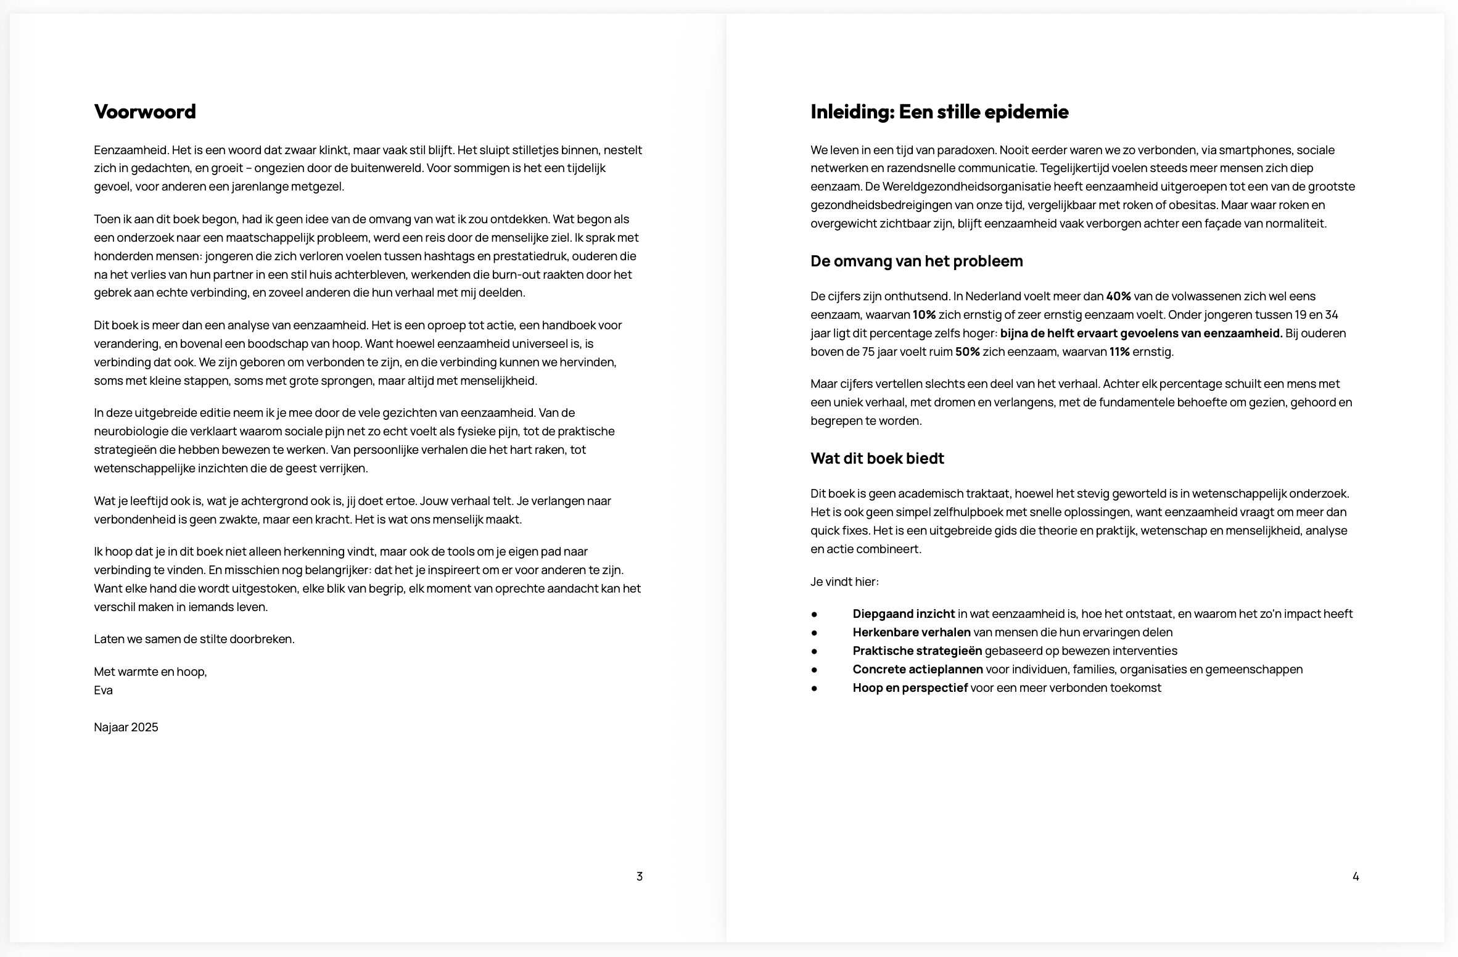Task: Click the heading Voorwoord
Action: tap(145, 112)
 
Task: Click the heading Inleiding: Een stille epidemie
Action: tap(939, 112)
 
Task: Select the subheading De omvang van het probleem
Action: tap(916, 261)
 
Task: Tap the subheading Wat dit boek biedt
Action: tap(877, 459)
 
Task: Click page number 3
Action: tap(640, 876)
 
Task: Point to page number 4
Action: tap(1356, 876)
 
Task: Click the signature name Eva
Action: tap(104, 690)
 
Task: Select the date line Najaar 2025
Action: tap(126, 727)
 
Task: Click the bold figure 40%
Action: tap(1118, 297)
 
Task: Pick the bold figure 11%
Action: tap(1119, 352)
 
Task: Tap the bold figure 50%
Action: tap(967, 352)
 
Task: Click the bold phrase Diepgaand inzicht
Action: tap(904, 614)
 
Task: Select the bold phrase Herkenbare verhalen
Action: tap(912, 633)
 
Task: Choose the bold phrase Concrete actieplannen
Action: tap(918, 670)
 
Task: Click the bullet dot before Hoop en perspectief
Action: tap(814, 688)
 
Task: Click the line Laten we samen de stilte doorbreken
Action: tap(194, 639)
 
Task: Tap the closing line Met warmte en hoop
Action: tap(150, 672)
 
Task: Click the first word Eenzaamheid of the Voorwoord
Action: tap(131, 150)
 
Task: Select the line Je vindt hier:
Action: tap(844, 581)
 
